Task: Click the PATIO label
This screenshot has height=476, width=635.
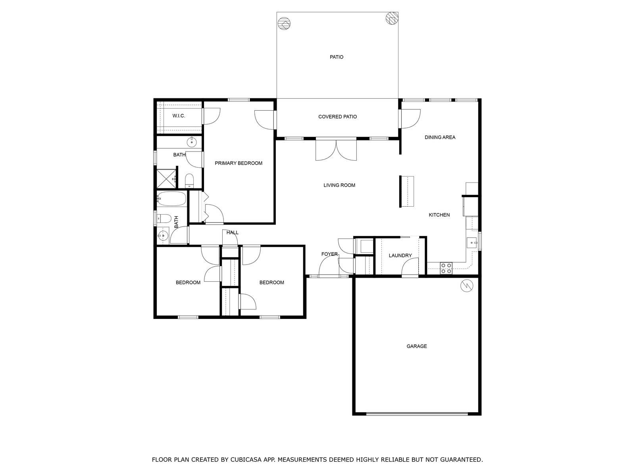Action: click(x=337, y=57)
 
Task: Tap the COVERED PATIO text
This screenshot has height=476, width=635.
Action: click(x=337, y=117)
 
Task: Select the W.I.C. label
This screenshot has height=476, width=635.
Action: click(x=179, y=116)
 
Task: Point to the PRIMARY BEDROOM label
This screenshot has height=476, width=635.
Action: click(x=239, y=163)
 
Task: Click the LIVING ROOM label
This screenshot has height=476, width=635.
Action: click(x=339, y=185)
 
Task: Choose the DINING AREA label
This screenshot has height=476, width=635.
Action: click(x=440, y=137)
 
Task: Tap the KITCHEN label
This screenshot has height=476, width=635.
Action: click(x=439, y=215)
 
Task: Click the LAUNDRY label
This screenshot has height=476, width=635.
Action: click(x=400, y=255)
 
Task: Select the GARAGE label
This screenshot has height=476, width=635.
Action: click(x=417, y=346)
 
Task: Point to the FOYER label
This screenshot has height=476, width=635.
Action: click(x=329, y=254)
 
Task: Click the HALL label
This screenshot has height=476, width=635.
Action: click(x=232, y=232)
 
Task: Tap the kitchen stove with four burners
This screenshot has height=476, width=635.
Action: click(x=446, y=268)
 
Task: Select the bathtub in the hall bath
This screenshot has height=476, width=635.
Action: click(x=171, y=199)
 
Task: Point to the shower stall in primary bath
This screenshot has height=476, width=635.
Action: click(x=166, y=178)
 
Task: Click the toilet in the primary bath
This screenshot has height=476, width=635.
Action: click(x=189, y=180)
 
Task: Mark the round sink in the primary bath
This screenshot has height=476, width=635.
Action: click(x=192, y=142)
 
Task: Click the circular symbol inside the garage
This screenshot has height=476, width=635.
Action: click(x=467, y=286)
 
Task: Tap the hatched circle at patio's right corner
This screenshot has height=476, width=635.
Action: click(x=392, y=19)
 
